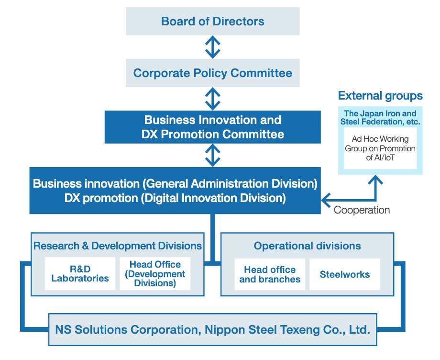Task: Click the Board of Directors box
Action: tap(212, 22)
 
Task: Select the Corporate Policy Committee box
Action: tap(212, 73)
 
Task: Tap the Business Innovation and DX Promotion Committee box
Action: tap(212, 127)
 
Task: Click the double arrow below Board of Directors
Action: tap(212, 47)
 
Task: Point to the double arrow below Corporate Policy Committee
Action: tap(212, 99)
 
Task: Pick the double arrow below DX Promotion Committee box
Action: tap(212, 155)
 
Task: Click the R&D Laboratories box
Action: tap(80, 274)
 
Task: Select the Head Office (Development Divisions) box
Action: tap(155, 274)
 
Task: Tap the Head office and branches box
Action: tap(270, 274)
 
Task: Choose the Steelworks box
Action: tap(344, 274)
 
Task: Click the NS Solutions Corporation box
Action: tap(212, 329)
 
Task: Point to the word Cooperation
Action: tap(362, 210)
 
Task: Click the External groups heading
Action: tap(380, 96)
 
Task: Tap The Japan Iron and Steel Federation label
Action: tap(380, 118)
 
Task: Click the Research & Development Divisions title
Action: tap(118, 246)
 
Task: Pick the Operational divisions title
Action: tap(307, 246)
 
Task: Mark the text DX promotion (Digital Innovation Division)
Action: tap(175, 198)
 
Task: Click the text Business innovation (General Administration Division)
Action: tap(175, 183)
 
